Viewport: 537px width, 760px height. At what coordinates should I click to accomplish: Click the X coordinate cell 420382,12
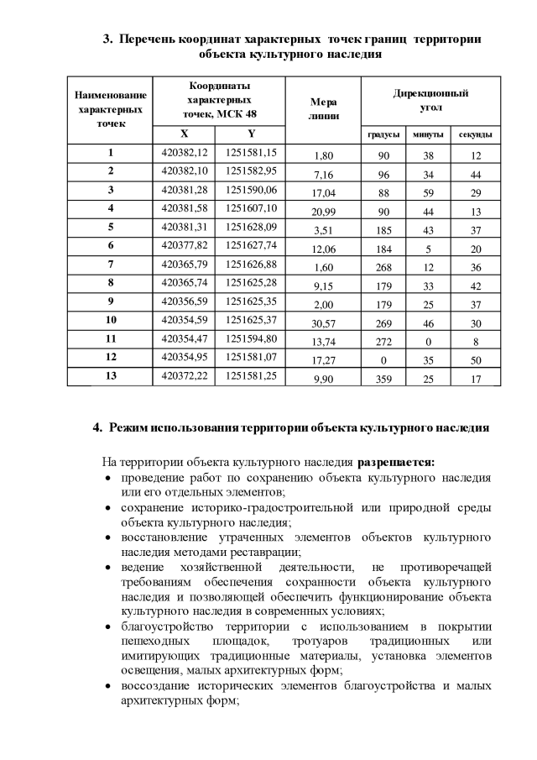183,153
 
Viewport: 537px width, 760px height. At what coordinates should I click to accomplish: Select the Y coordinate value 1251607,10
252,208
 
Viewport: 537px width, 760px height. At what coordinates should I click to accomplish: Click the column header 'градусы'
383,134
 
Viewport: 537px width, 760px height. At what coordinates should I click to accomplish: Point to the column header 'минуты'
430,134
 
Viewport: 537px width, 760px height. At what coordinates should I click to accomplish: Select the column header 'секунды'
476,134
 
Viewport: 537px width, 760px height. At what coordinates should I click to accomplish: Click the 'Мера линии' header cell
323,108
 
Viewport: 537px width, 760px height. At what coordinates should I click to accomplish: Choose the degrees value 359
383,380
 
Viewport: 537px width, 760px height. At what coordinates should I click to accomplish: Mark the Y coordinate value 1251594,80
252,338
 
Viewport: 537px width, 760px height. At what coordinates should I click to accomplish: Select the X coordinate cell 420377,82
183,245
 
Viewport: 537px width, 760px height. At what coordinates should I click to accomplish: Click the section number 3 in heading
107,39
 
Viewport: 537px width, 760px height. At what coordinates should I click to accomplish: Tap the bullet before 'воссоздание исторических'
108,686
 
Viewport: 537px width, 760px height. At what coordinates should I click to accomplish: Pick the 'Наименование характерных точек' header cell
111,109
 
